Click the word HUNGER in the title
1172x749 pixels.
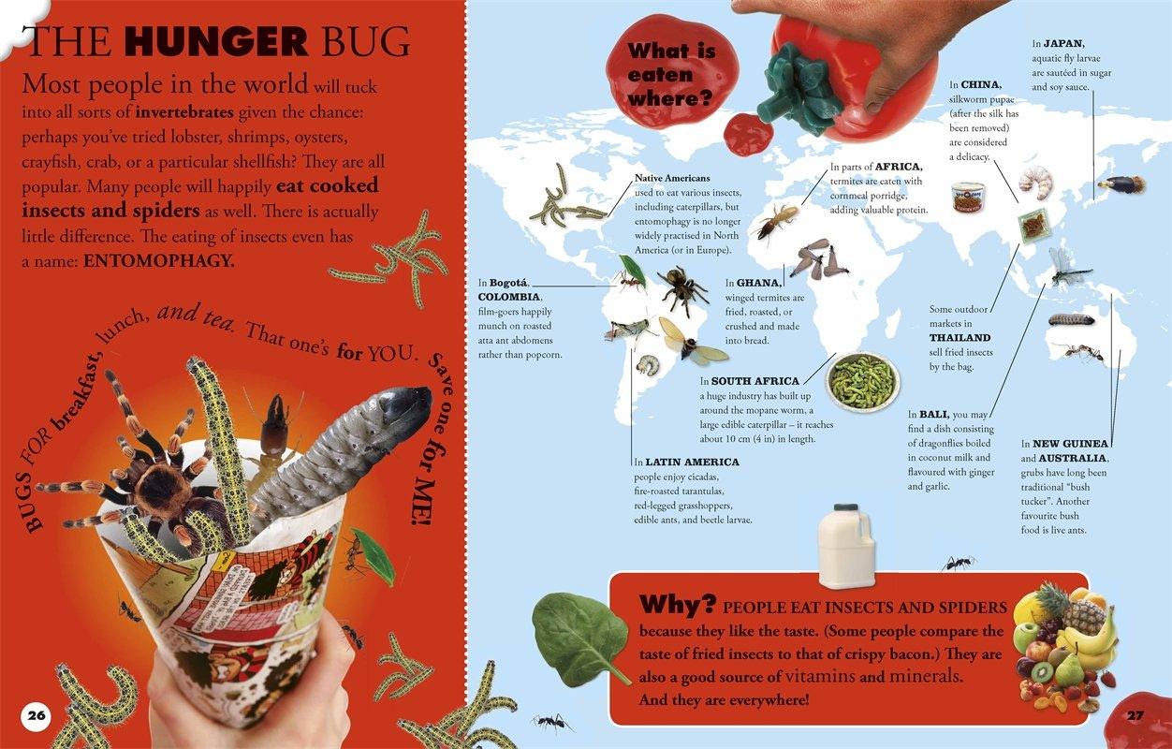pos(216,41)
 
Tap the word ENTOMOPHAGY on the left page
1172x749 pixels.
pos(158,260)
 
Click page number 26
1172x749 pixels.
pos(37,715)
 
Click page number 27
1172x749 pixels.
pos(1135,715)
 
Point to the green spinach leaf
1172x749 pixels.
pos(579,637)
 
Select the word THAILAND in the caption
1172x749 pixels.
pos(960,338)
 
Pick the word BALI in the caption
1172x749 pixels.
pos(933,415)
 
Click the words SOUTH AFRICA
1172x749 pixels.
pos(755,381)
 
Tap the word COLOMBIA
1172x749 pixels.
pos(509,297)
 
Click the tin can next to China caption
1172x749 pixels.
pos(968,197)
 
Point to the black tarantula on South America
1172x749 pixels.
pos(681,288)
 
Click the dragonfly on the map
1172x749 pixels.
pos(1068,268)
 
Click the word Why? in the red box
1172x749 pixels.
pos(677,605)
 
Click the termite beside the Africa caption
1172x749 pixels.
pos(776,221)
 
